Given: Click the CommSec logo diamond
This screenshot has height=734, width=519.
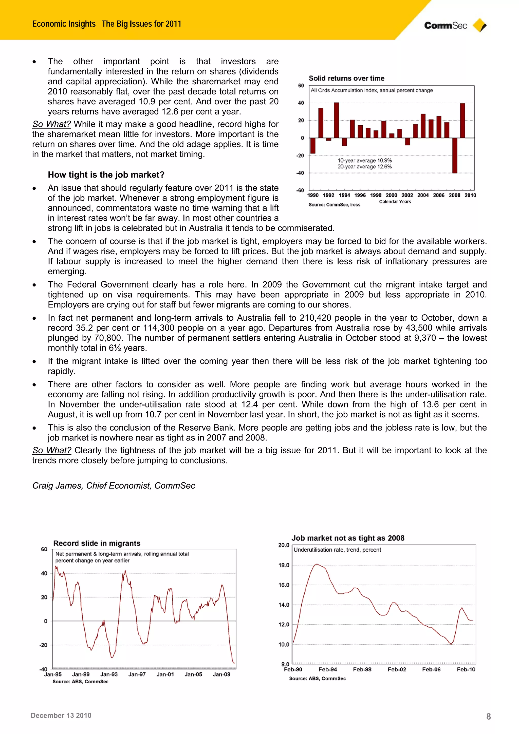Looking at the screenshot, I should tap(479, 25).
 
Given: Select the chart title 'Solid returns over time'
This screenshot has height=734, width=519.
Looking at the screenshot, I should tap(346, 78).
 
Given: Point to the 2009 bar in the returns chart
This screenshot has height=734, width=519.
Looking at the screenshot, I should tap(462, 121).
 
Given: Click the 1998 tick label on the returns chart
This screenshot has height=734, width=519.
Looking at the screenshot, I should tap(376, 195).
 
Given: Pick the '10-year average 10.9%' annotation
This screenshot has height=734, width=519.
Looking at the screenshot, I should tap(365, 161).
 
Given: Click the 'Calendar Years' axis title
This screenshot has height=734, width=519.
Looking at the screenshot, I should tap(395, 202).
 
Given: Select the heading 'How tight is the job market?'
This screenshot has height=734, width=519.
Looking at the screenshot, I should tap(106, 175).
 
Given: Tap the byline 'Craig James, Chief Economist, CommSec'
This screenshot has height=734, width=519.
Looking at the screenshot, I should tap(114, 486).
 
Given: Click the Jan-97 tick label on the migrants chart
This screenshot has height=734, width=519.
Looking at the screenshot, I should tap(137, 674).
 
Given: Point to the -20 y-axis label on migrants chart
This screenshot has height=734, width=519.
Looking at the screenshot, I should tap(43, 645).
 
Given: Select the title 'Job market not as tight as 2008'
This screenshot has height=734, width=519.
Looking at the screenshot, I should tap(348, 538).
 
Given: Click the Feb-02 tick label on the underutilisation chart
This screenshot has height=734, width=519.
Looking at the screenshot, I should tap(397, 669).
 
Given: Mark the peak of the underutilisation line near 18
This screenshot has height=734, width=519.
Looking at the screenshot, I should tap(317, 564).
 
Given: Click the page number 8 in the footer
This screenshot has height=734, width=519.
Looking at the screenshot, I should tap(488, 717).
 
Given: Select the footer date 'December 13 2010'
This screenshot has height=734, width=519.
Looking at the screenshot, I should tap(61, 716).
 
